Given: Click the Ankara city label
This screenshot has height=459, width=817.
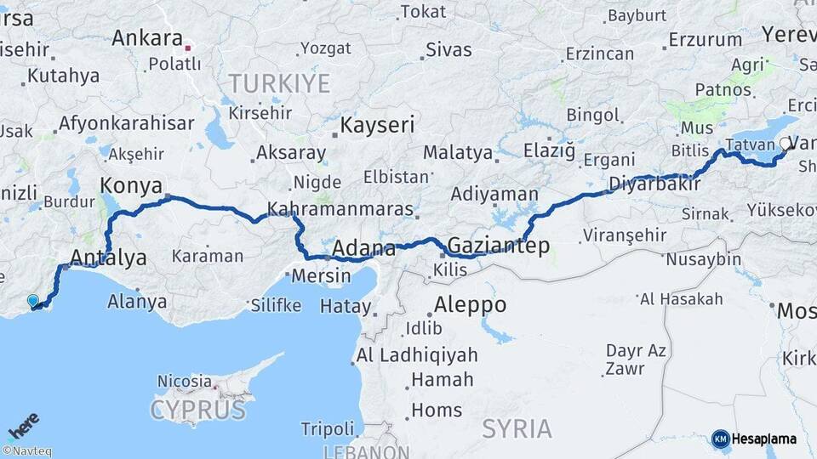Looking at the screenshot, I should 147,38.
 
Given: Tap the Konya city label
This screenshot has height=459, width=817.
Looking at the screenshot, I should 132,185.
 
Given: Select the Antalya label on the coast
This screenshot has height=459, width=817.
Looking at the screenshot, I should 108,257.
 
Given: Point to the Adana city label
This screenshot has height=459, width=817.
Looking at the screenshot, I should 363,249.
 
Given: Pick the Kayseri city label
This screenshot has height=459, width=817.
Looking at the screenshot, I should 377,126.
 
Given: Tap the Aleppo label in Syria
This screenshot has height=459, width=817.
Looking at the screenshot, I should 470,304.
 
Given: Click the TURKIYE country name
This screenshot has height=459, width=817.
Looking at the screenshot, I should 278,82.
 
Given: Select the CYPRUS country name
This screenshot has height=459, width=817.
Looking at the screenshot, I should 198,411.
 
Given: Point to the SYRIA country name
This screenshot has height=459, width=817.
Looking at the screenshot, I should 516,428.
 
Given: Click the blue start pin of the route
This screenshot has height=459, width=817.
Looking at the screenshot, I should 33,300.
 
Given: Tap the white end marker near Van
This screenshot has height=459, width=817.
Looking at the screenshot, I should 784,144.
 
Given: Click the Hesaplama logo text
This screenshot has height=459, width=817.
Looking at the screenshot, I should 763,439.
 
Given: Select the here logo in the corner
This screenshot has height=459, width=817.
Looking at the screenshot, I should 23,423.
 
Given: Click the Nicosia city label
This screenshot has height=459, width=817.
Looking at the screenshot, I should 184,382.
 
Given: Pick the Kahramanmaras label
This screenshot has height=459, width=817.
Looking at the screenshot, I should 340,209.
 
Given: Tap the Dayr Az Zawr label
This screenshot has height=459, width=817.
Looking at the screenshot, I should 636,359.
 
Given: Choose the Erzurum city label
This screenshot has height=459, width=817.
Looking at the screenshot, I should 706,39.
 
